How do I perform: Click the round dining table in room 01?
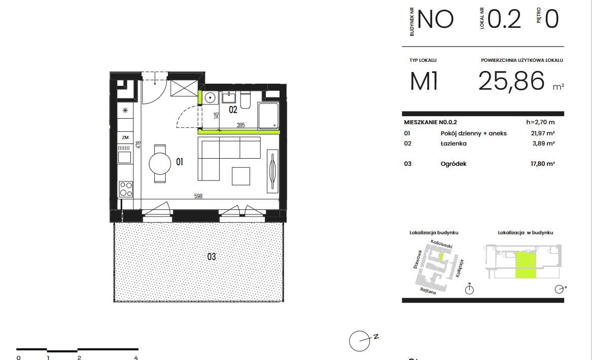pos(160,163)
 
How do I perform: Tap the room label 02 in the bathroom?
pos(233,110)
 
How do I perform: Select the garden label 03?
pos(212,257)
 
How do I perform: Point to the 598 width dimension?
pos(198,196)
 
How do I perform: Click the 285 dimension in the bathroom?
pos(240,125)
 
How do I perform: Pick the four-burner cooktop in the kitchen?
pos(126,189)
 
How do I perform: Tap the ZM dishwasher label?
pos(125,138)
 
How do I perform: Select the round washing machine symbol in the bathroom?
pos(210,98)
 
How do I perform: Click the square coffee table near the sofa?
pos(241,176)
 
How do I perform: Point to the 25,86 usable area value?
pos(511,81)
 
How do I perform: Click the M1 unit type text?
pos(424,81)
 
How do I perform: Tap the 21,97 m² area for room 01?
pos(543,133)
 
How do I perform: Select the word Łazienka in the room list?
pos(454,143)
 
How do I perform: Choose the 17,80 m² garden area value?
pos(543,164)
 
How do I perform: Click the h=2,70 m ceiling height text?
pos(540,122)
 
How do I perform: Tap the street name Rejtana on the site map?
pos(428,291)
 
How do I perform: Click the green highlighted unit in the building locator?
pos(526,265)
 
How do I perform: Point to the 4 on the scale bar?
pos(136,357)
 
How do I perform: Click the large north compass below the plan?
pos(360,341)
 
